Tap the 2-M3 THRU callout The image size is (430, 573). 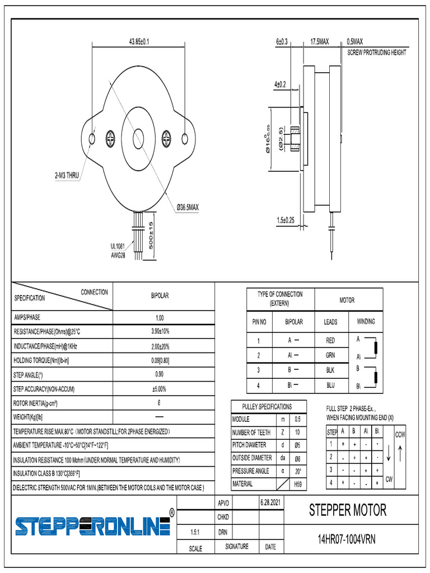tap(67, 176)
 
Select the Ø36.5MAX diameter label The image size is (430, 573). tap(188, 207)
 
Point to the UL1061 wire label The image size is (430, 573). tap(119, 246)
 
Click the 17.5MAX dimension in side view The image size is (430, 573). tap(319, 42)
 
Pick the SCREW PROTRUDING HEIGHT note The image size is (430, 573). tap(376, 53)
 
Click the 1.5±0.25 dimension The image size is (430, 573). tap(289, 220)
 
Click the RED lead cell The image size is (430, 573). tap(330, 340)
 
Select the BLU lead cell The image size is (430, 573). tap(330, 386)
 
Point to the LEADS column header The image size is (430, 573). tap(330, 322)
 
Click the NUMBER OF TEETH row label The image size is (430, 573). tap(251, 433)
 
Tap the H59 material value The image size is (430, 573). tap(297, 484)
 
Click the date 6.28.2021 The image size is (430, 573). tap(270, 502)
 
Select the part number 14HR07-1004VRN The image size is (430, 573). tap(347, 539)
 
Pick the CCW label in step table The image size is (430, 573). tap(400, 435)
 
